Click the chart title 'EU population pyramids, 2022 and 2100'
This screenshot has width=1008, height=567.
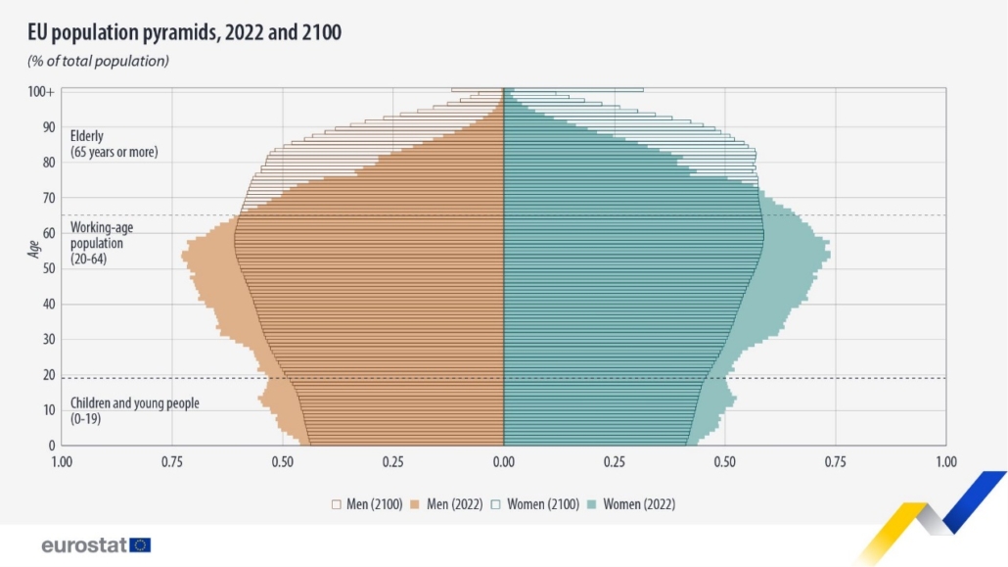pyautogui.click(x=184, y=32)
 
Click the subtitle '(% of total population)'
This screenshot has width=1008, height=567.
pyautogui.click(x=98, y=61)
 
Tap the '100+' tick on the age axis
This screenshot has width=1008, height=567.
pyautogui.click(x=40, y=91)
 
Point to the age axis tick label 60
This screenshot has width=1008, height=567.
pyautogui.click(x=47, y=233)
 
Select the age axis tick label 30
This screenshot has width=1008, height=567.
pyautogui.click(x=47, y=339)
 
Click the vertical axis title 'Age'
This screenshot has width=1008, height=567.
pyautogui.click(x=33, y=250)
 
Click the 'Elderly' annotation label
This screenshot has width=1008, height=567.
pyautogui.click(x=87, y=136)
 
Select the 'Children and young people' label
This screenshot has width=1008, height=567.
pyautogui.click(x=134, y=403)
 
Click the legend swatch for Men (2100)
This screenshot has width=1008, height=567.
pyautogui.click(x=336, y=504)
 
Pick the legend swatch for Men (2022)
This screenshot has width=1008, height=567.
pyautogui.click(x=415, y=504)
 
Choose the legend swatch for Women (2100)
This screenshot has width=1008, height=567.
pyautogui.click(x=497, y=504)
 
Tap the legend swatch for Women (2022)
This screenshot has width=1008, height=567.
pyautogui.click(x=592, y=504)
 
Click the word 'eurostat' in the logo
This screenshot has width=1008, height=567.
pyautogui.click(x=84, y=545)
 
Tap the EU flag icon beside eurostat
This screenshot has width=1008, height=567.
pyautogui.click(x=140, y=545)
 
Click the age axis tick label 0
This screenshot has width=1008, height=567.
pyautogui.click(x=50, y=446)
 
